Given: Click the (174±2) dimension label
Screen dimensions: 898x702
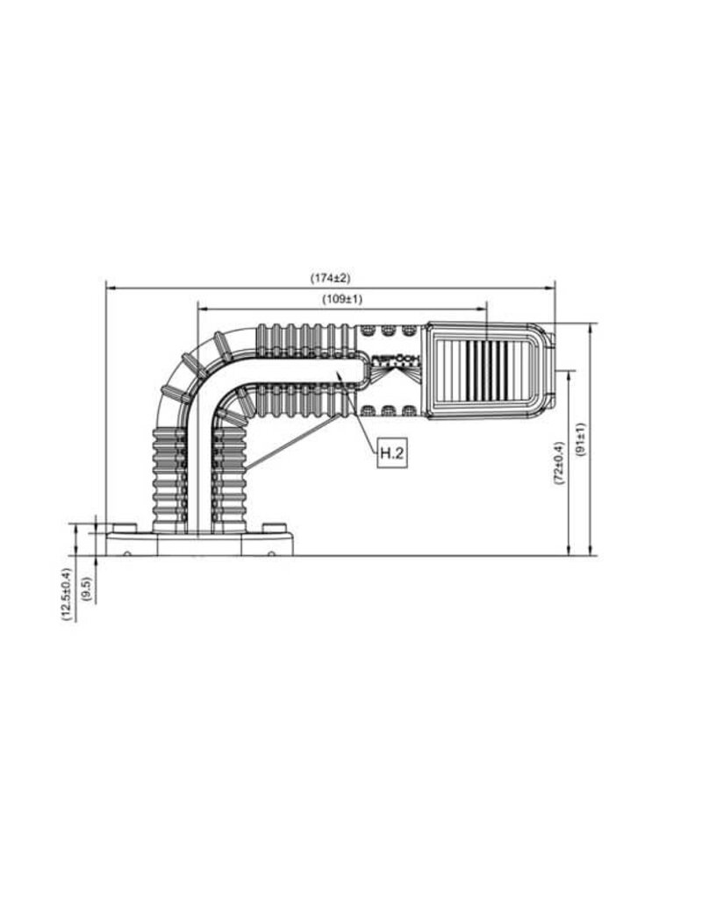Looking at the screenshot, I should pos(330,278).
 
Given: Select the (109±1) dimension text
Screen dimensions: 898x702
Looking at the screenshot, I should pos(342,299).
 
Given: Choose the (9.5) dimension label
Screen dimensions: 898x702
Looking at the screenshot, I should pos(85,587).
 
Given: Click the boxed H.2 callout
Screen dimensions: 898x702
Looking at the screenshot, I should pos(391,453).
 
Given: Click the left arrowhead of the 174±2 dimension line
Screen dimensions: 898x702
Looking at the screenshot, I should pos(110,285).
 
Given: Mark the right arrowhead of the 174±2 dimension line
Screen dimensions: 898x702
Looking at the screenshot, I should pos(552,285).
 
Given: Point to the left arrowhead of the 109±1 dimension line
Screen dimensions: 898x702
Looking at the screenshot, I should pos(202,307).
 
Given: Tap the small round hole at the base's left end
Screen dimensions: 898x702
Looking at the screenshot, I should pos(128,552).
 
